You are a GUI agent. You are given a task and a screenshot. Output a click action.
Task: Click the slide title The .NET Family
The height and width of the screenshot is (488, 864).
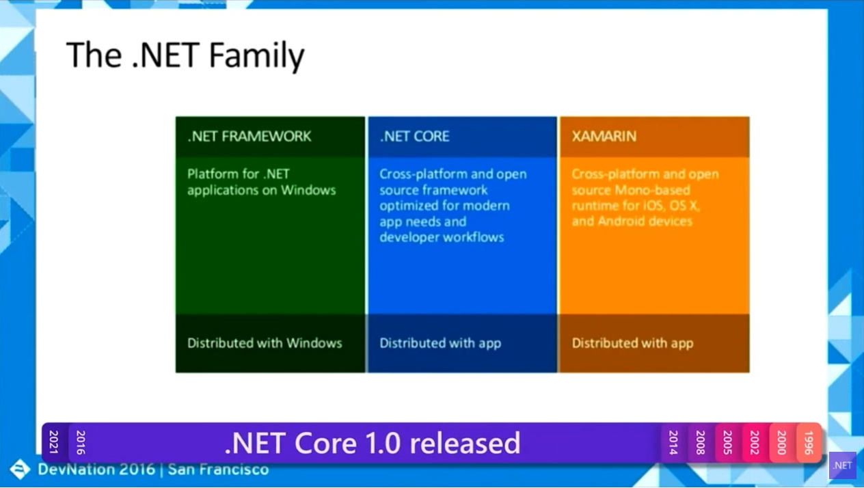185,55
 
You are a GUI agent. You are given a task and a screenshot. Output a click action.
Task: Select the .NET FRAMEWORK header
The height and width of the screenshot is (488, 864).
249,136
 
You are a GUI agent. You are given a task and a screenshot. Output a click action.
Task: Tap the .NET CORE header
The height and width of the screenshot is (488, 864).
415,136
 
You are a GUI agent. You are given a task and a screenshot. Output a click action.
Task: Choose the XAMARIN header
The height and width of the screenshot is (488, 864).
604,136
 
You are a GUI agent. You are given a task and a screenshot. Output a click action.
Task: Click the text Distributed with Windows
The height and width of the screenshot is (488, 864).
265,343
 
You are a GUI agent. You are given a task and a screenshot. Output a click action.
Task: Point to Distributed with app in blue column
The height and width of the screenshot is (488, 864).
440,343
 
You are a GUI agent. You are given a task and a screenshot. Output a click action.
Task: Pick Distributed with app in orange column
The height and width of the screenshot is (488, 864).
632,343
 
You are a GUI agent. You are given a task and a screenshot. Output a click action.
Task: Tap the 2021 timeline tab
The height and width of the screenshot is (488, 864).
54,443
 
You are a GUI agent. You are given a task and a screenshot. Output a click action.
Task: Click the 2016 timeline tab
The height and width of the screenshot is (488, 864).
81,443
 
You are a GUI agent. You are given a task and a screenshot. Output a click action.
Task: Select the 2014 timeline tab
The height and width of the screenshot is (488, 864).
673,443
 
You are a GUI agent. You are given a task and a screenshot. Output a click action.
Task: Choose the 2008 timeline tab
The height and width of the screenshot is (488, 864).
701,443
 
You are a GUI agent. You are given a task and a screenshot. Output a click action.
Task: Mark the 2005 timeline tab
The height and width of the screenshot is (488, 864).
727,443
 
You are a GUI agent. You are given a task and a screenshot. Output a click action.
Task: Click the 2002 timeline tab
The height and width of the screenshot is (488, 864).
755,443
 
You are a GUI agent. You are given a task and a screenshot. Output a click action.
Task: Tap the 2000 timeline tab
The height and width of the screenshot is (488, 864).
781,443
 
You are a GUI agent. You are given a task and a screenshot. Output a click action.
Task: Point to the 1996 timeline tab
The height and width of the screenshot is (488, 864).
809,443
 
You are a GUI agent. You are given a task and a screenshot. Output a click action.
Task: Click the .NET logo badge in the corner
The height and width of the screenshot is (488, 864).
842,465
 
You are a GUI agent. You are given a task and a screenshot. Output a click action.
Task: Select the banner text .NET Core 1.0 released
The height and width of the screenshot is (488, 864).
373,443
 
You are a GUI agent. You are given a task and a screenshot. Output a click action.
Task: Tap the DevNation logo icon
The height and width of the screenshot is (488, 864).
19,470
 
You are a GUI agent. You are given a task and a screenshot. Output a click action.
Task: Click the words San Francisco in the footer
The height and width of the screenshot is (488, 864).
218,470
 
